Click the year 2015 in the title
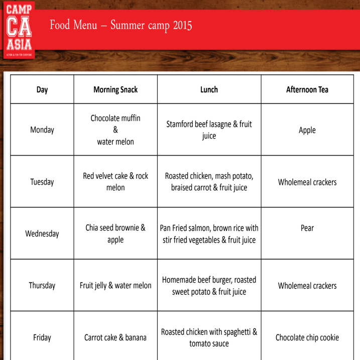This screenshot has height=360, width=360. (x=182, y=25)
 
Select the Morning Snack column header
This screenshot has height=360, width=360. (x=115, y=90)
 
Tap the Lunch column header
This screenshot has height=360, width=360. (x=209, y=90)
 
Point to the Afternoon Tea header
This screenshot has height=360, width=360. (x=307, y=90)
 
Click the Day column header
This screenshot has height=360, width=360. (x=42, y=90)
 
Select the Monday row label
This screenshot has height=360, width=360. (x=42, y=130)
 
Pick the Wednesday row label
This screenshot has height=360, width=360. (x=42, y=233)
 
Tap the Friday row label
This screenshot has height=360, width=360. (x=42, y=337)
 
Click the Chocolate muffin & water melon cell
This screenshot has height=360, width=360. (x=115, y=130)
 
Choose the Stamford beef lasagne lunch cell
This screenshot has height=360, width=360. (x=209, y=130)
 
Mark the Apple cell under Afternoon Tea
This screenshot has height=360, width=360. (x=307, y=130)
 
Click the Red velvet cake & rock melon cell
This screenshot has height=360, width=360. (x=115, y=182)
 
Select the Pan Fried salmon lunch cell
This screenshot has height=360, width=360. (x=209, y=233)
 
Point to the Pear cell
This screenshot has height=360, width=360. (x=307, y=228)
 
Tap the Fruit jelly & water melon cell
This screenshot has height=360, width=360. (x=115, y=286)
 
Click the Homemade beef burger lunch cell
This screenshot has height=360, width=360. (x=209, y=286)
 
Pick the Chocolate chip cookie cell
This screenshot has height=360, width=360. (x=307, y=337)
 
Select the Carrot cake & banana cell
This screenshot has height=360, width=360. (x=115, y=337)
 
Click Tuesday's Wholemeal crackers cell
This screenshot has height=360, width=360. (x=307, y=182)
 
